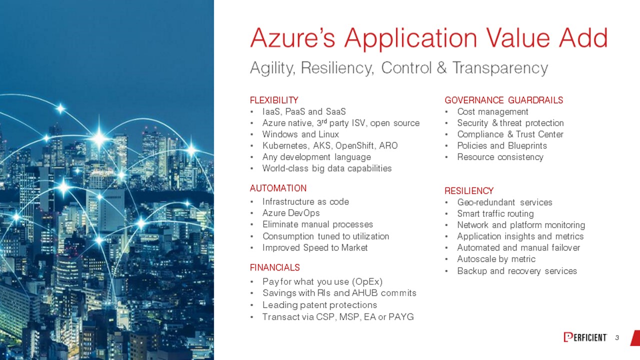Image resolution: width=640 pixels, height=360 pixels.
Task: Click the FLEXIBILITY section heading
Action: pos(274,100)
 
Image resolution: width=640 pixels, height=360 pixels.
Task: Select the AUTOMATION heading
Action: pos(278,188)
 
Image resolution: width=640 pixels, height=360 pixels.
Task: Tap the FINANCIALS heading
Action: pos(274,267)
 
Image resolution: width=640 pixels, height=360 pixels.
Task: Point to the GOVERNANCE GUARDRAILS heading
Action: pos(503,100)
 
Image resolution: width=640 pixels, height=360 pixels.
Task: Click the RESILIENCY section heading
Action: pos(469,191)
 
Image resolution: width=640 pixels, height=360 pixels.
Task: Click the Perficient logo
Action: pos(585,337)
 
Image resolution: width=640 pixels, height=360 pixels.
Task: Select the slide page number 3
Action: pos(617,338)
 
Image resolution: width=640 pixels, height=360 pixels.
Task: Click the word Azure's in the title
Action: pos(292,38)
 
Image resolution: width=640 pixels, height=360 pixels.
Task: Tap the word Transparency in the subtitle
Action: pos(500,68)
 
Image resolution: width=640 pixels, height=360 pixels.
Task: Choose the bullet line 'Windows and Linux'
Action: pos(300,134)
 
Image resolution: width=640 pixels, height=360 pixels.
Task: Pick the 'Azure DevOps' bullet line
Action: pos(291,213)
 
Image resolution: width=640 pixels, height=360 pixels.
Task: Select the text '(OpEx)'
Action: pos(367,282)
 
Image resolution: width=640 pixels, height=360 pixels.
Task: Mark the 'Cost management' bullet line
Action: pos(492,111)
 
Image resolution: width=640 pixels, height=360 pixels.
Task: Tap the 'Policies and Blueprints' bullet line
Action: pos(502,145)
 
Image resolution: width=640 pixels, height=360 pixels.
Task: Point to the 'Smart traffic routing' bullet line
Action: pos(495,213)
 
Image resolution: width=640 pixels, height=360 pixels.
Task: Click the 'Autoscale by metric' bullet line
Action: pos(496,259)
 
